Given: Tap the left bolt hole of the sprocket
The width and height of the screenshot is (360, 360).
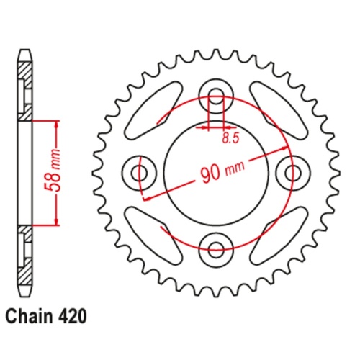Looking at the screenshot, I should click(138, 172).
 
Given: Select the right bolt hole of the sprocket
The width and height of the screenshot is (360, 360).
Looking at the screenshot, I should click(292, 172).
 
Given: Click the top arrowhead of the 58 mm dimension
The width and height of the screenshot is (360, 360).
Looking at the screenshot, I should click(55, 122).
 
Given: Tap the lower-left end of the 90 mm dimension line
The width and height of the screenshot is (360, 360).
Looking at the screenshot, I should click(144, 198).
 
